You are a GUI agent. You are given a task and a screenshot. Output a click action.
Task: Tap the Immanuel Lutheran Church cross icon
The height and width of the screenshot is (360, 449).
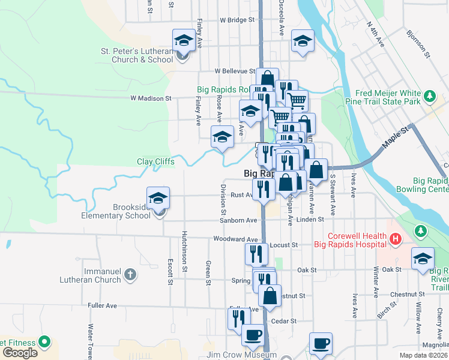[130, 275]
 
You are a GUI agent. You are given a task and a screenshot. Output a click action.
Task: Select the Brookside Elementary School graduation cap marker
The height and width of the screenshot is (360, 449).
[158, 198]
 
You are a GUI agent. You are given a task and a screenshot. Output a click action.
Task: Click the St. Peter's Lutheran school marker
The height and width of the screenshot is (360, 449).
[182, 41]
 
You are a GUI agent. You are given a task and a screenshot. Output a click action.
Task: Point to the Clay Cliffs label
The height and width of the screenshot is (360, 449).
[155, 162]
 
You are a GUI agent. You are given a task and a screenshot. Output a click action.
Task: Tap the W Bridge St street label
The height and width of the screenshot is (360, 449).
[238, 20]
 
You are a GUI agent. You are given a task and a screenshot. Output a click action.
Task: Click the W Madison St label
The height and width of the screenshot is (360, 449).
[151, 98]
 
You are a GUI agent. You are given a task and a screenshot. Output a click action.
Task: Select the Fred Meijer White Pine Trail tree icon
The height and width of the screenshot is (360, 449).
[429, 96]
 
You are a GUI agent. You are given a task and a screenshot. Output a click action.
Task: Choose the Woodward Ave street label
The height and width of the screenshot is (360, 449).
[235, 239]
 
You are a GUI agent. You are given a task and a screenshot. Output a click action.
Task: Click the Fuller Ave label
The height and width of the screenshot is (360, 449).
[102, 305]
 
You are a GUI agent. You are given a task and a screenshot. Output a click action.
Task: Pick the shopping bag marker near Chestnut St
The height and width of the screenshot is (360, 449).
[270, 296]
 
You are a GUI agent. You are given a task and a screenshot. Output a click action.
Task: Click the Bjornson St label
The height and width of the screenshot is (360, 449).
[418, 44]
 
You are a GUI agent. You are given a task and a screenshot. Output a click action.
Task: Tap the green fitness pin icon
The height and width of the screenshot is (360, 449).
[44, 342]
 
